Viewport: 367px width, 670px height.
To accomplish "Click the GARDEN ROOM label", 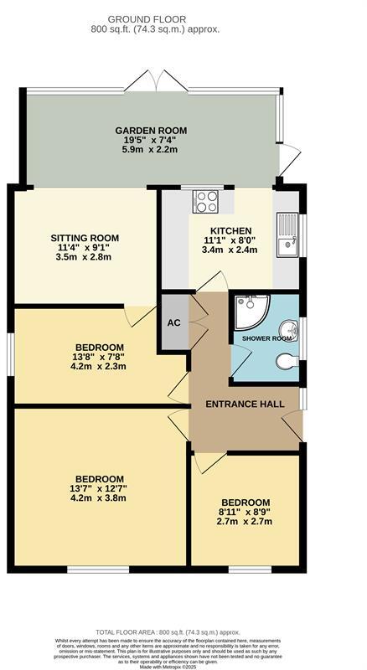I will (151, 131).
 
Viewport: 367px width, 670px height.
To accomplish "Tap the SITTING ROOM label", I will (83, 237).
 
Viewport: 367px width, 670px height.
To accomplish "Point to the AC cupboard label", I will (174, 322).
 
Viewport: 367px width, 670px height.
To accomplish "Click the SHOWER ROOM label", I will (266, 338).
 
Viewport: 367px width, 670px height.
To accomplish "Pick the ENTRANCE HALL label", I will (245, 404).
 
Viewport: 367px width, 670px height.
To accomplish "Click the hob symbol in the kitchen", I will (205, 201).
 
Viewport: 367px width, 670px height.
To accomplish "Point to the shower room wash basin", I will (289, 328).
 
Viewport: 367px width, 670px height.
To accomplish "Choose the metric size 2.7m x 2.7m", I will (245, 521).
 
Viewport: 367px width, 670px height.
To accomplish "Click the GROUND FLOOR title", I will (155, 18).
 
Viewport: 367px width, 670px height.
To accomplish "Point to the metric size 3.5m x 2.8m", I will (83, 257).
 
